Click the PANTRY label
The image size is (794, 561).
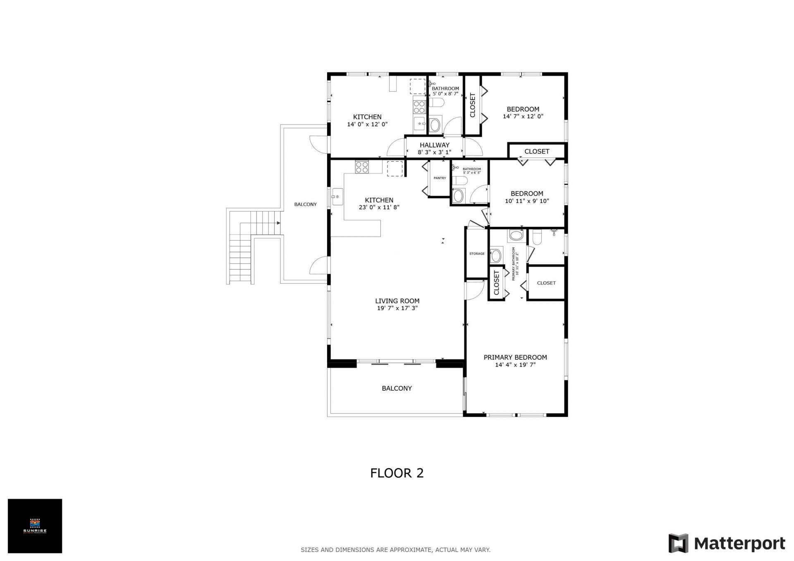click(440, 178)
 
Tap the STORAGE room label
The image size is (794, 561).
click(476, 254)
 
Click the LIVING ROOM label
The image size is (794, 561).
click(397, 301)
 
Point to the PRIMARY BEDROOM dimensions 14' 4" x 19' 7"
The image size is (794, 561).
click(515, 365)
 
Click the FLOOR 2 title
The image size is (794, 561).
click(397, 473)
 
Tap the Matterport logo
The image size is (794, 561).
click(727, 543)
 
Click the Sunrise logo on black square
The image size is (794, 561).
click(35, 526)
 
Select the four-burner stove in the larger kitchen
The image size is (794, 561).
click(362, 167)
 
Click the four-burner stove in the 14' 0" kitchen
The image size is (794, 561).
click(419, 107)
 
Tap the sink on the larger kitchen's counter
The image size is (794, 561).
click(337, 197)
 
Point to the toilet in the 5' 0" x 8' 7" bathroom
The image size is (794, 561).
click(436, 102)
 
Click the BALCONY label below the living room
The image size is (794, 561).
click(397, 388)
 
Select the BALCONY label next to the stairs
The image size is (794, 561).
click(305, 204)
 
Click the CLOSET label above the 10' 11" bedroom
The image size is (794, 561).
click(536, 151)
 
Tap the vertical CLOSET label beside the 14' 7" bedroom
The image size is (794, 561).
click(473, 105)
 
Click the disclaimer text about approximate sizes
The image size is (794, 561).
click(395, 550)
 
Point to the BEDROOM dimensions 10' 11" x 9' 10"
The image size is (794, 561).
click(526, 201)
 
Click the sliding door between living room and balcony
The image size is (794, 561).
click(397, 363)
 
